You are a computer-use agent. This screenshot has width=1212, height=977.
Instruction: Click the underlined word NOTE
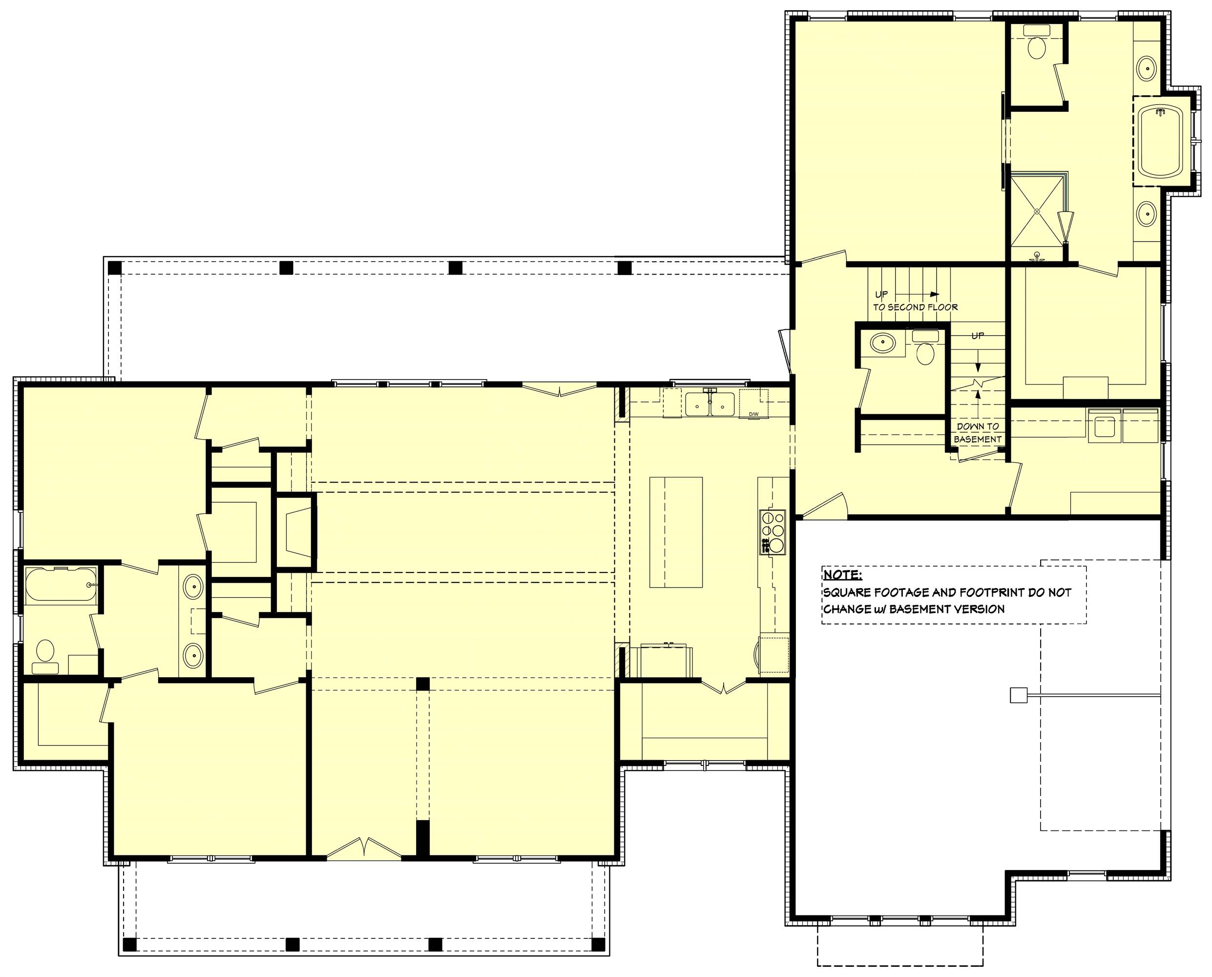[x=842, y=574]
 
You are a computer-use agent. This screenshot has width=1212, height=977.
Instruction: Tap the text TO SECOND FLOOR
[x=915, y=307]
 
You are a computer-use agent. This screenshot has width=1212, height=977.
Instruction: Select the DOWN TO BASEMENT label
[x=978, y=432]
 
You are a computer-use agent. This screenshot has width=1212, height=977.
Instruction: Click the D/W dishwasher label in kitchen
[x=753, y=415]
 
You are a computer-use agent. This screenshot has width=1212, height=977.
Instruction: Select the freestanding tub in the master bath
[x=1161, y=141]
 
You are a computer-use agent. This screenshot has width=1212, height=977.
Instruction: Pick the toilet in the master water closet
[x=1036, y=48]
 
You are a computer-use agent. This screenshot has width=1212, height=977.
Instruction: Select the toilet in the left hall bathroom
[x=45, y=654]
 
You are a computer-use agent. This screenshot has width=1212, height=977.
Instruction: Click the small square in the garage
[x=1018, y=696]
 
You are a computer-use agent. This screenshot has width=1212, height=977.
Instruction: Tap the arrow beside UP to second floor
[x=934, y=294]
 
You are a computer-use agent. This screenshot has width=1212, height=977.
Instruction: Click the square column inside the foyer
[x=422, y=684]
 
